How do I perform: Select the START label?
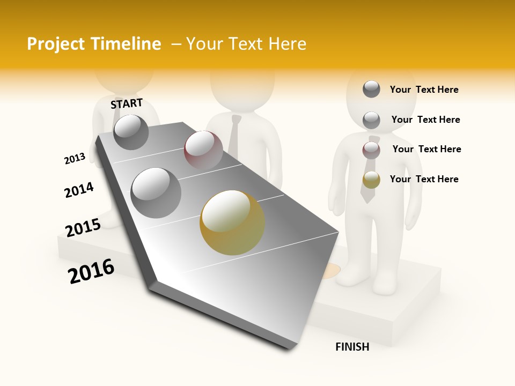point(127,103)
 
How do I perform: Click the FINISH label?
point(352,347)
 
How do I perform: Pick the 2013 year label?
point(75,159)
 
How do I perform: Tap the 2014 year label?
point(79,190)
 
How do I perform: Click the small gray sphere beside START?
point(131,132)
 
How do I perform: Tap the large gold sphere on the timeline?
point(232,222)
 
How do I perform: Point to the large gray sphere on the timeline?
point(156,193)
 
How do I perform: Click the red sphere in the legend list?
point(371,150)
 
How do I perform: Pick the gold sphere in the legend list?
point(371,180)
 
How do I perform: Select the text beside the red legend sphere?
point(426,149)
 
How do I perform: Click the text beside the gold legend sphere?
point(424,179)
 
